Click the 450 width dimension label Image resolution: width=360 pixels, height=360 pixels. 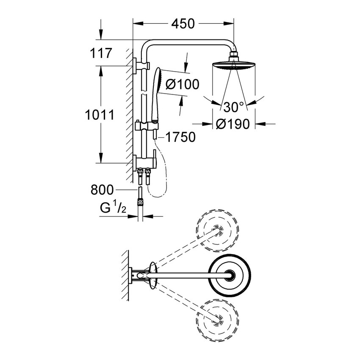click(183, 24)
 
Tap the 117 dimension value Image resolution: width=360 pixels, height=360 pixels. click(100, 53)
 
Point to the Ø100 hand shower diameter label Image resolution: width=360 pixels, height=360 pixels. click(182, 84)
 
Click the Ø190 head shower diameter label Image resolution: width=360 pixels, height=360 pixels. click(232, 124)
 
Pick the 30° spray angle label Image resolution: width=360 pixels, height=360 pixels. click(233, 107)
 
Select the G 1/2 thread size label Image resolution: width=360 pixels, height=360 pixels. click(113, 209)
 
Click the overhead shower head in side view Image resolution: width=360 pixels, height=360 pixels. click(233, 66)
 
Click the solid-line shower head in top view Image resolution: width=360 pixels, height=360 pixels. click(230, 275)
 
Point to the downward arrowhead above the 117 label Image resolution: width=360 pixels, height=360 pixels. click(101, 36)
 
